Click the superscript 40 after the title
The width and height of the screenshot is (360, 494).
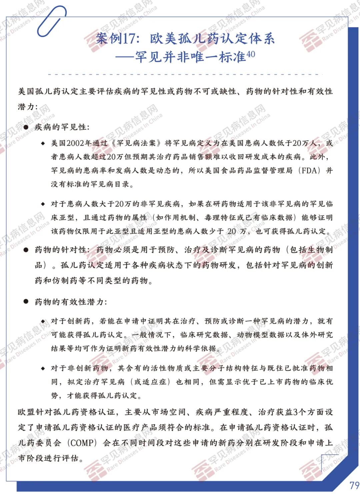click(x=251, y=54)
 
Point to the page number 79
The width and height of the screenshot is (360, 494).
click(x=354, y=485)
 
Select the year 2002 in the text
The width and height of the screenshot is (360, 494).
click(x=75, y=143)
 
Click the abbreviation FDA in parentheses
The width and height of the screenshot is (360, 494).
click(x=309, y=171)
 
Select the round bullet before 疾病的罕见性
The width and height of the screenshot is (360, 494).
click(x=26, y=127)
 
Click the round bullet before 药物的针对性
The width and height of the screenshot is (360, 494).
click(x=26, y=250)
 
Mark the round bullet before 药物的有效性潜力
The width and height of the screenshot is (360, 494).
click(x=26, y=302)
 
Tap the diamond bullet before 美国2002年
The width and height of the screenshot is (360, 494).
click(x=43, y=143)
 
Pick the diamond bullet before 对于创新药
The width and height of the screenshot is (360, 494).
click(x=43, y=321)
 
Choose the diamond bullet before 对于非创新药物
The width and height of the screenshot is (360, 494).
click(x=43, y=368)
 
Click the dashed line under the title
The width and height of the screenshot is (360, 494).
click(x=185, y=74)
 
